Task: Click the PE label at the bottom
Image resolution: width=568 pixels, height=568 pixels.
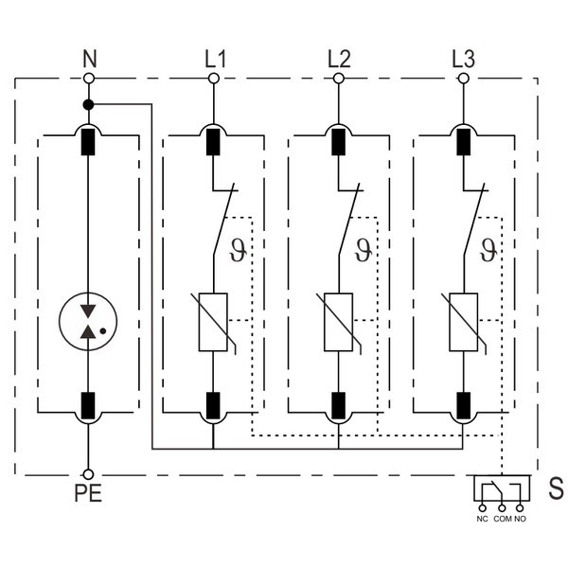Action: click(x=88, y=494)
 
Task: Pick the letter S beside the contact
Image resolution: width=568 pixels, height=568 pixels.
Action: click(x=556, y=489)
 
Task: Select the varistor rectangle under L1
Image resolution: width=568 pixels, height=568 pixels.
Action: click(x=214, y=322)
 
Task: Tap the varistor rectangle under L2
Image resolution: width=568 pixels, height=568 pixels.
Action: click(x=338, y=322)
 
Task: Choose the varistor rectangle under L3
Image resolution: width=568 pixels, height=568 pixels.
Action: click(x=463, y=322)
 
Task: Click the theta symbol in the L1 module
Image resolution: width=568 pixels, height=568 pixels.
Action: click(x=238, y=251)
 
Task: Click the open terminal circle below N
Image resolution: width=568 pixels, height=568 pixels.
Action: click(x=89, y=78)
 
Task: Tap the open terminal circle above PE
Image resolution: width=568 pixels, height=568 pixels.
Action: click(x=88, y=473)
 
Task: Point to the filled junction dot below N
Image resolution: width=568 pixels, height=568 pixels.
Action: click(x=88, y=103)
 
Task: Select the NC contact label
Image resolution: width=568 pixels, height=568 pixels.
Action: click(x=483, y=519)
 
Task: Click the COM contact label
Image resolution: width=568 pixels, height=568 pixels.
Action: click(x=502, y=519)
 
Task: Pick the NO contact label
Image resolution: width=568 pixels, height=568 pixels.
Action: click(x=521, y=519)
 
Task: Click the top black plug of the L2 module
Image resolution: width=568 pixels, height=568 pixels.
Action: click(x=338, y=141)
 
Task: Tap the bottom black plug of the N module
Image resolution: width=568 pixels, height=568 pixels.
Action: click(x=88, y=404)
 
